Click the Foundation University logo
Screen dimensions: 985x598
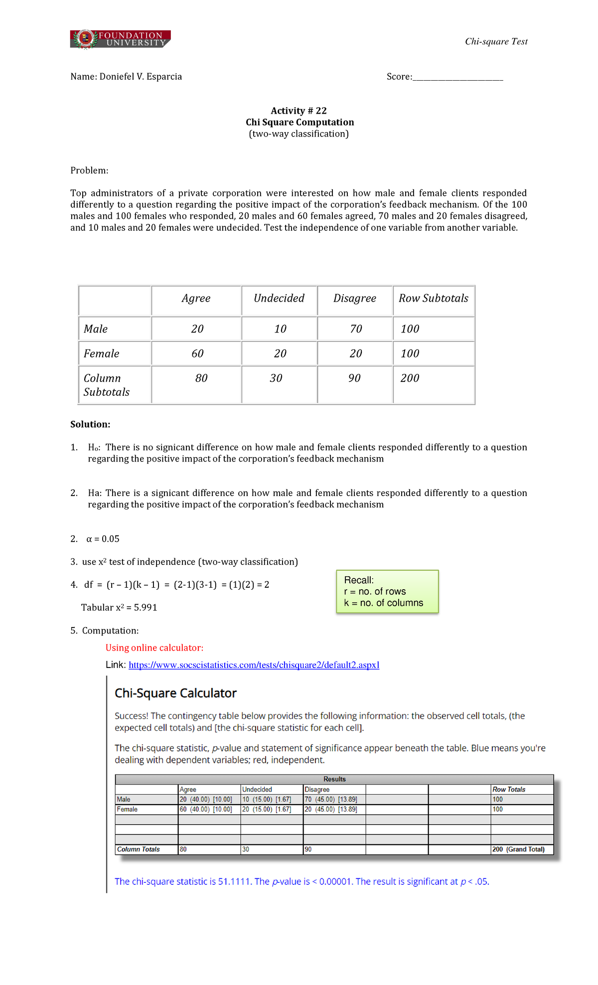[x=121, y=39]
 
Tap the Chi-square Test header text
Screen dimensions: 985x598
[x=496, y=41]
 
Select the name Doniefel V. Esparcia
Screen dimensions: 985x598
[x=141, y=77]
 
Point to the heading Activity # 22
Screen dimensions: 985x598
[x=299, y=111]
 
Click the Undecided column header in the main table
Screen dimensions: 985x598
[x=279, y=298]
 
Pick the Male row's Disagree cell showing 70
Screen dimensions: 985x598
[x=356, y=329]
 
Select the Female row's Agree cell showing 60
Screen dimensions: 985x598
[x=197, y=353]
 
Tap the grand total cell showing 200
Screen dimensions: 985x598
[x=410, y=378]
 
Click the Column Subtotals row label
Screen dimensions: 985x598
[x=107, y=385]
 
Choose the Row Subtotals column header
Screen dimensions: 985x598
[x=434, y=298]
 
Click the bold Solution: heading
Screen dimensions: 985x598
[x=90, y=424]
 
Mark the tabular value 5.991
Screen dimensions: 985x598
[x=146, y=608]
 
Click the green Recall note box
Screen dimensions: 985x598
[x=387, y=592]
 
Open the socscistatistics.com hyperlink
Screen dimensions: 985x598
[x=254, y=665]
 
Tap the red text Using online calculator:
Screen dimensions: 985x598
[x=154, y=648]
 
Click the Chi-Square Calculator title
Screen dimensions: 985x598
[x=175, y=693]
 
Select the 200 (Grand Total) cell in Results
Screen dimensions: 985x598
[x=518, y=849]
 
